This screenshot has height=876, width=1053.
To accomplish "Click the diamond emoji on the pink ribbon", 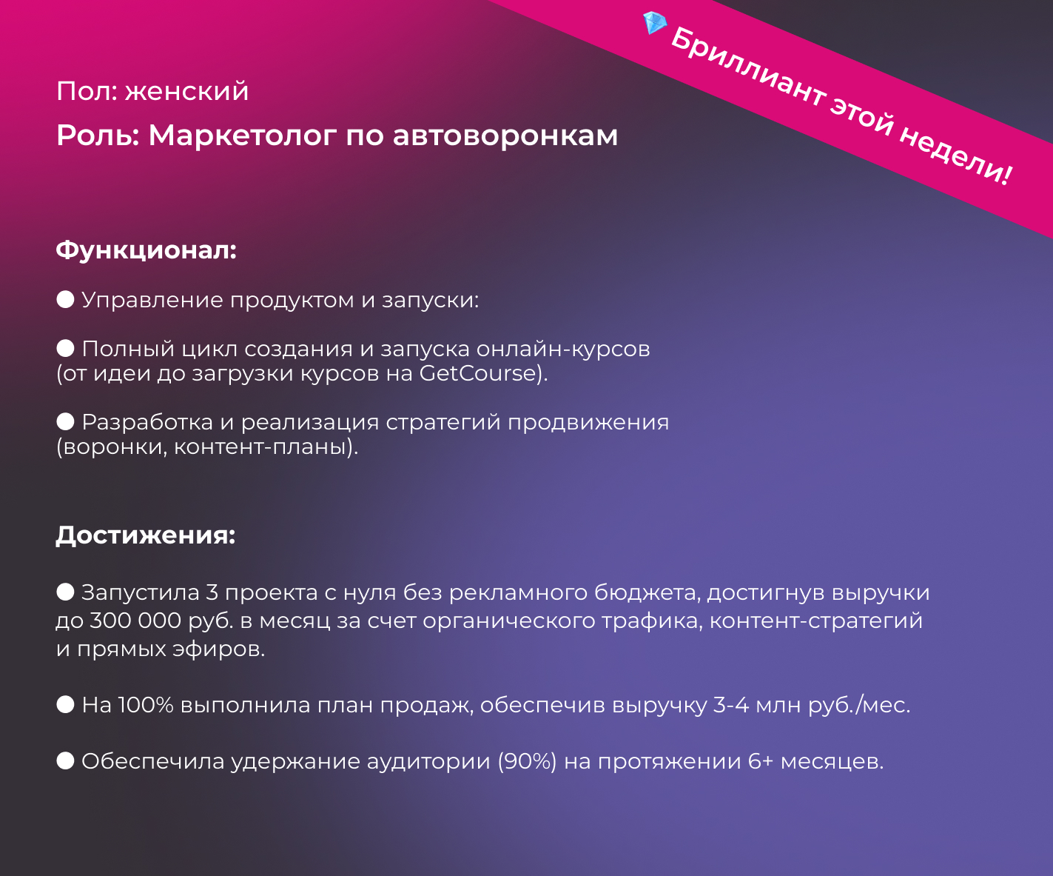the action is pos(655,23).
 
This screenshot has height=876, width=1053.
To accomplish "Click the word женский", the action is pos(186,91).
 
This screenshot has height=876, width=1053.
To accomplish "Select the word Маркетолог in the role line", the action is pos(242,136).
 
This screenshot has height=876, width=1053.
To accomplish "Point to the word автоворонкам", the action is pos(505,136).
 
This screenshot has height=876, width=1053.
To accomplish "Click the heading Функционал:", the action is pos(147,250).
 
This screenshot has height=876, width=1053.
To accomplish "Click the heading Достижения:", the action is pos(146,535).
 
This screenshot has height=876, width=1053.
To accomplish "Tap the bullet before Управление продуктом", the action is pos(66,299).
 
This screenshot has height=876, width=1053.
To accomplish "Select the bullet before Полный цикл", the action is pos(66,348).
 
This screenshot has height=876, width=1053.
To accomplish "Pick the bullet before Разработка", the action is pos(66,421).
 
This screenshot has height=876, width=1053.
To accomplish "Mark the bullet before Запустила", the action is pos(66,592).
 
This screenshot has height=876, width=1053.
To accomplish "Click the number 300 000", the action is pos(135,621).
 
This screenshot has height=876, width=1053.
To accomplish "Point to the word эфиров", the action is pos(218,649).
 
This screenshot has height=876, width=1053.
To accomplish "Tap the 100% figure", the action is pos(146,705).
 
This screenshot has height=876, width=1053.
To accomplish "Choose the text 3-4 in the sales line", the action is pos(731,705).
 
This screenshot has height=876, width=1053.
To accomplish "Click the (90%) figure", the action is pos(527,761).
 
